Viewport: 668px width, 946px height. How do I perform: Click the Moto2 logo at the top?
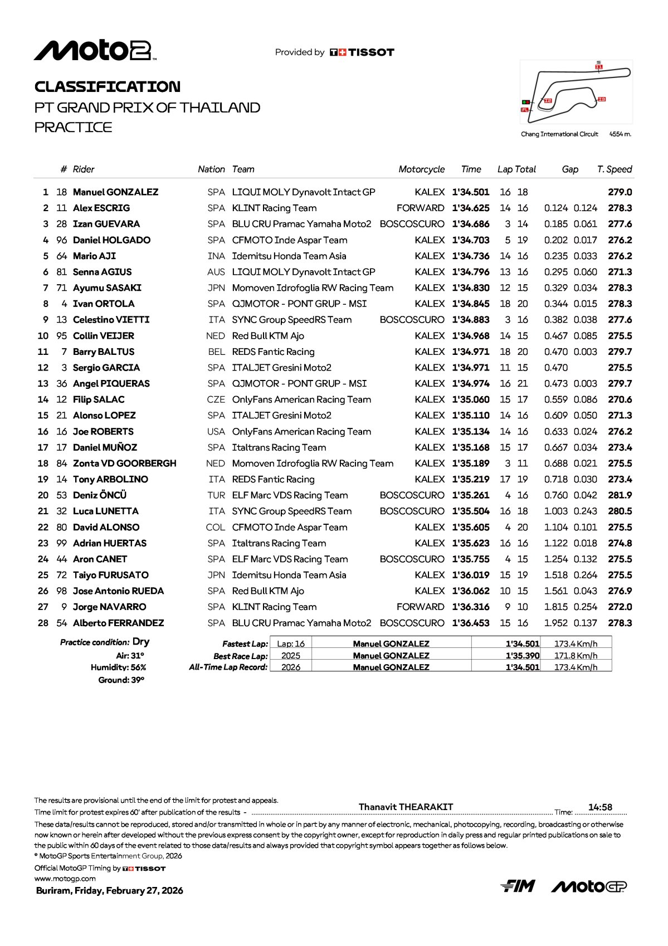click(x=95, y=51)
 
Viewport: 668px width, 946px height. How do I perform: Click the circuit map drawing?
click(x=576, y=91)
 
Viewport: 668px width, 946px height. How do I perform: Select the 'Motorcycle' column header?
click(x=421, y=169)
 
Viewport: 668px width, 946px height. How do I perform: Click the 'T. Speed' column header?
click(x=614, y=169)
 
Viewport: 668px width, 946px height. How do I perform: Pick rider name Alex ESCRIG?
click(x=101, y=208)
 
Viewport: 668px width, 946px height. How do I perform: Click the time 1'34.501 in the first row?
click(x=470, y=192)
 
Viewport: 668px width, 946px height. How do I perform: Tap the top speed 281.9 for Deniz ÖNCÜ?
click(x=620, y=495)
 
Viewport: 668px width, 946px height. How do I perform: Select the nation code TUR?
click(x=216, y=495)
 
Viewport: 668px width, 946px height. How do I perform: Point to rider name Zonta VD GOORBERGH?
click(x=124, y=464)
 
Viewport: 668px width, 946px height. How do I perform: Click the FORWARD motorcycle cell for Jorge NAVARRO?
click(x=420, y=607)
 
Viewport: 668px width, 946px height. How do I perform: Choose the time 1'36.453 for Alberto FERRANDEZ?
click(x=470, y=623)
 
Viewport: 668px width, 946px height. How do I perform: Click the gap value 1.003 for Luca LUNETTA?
click(x=555, y=511)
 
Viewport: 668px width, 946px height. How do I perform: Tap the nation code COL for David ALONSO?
click(x=216, y=528)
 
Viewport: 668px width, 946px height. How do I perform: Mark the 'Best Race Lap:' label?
click(x=240, y=656)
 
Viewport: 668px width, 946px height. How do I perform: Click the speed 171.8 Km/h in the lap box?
click(x=576, y=656)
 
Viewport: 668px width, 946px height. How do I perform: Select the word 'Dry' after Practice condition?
click(x=141, y=642)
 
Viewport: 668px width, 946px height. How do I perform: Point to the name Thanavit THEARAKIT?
click(x=406, y=807)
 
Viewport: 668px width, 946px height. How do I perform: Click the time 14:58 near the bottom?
click(x=600, y=807)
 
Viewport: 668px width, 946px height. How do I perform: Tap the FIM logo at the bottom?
click(x=518, y=886)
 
